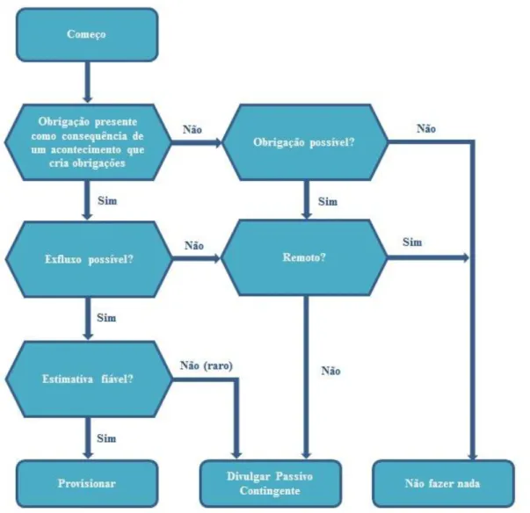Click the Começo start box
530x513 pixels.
[87, 35]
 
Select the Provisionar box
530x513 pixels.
[87, 483]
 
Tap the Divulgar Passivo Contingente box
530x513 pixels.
[271, 483]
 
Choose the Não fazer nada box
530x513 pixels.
[444, 483]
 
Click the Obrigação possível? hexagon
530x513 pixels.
[305, 142]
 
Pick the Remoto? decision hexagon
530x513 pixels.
[304, 257]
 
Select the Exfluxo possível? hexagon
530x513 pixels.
[89, 259]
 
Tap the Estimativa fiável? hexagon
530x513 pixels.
[89, 379]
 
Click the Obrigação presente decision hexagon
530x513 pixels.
[88, 142]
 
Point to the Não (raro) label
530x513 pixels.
[207, 365]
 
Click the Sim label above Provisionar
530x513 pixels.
[106, 438]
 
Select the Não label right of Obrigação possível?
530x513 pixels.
[426, 128]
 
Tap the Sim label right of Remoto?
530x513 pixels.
[412, 242]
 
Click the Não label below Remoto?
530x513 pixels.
[330, 371]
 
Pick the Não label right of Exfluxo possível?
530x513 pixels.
[194, 246]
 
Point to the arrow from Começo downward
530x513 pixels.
[88, 82]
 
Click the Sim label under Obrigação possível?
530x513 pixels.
[328, 202]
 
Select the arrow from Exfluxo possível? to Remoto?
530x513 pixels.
[196, 259]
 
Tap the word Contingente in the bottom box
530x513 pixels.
[270, 491]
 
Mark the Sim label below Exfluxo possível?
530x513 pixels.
[106, 318]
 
